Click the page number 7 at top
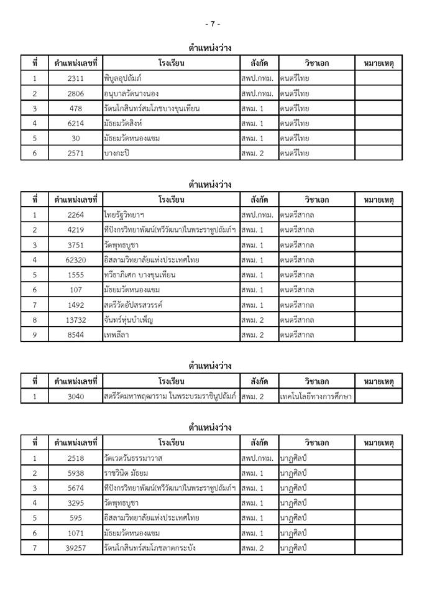213,24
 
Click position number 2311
76,78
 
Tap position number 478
76,108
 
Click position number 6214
76,123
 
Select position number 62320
76,259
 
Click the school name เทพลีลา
117,335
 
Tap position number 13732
76,320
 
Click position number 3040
76,396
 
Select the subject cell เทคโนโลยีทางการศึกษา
316,396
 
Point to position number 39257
76,547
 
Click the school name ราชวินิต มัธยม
126,473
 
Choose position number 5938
76,473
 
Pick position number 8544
76,335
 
